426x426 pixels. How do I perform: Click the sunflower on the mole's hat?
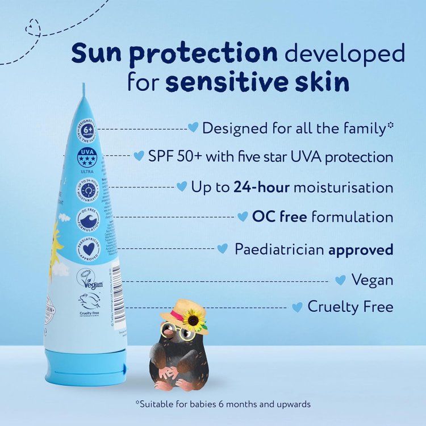tap(194, 320)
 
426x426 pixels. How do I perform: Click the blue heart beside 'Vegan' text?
tap(341, 279)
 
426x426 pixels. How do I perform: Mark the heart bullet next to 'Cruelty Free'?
tap(297, 307)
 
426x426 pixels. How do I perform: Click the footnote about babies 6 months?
tap(223, 404)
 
